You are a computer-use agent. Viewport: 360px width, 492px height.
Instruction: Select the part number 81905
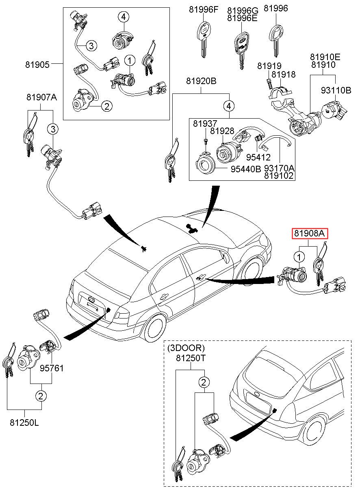tap(37, 64)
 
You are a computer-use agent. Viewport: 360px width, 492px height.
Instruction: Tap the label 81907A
tap(41, 98)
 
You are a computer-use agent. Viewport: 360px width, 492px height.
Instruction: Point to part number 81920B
tap(201, 81)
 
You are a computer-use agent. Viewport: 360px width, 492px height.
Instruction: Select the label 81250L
tap(25, 423)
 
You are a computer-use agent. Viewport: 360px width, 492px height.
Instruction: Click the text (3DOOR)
tap(186, 348)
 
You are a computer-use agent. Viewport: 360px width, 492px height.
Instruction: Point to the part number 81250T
tap(191, 358)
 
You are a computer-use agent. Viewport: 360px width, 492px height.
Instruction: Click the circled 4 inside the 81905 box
tap(124, 17)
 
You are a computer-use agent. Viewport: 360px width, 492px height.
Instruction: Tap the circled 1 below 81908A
tap(299, 257)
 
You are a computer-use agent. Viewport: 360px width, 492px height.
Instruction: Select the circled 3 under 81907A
tap(52, 130)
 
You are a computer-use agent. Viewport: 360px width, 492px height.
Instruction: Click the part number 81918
tap(284, 75)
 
